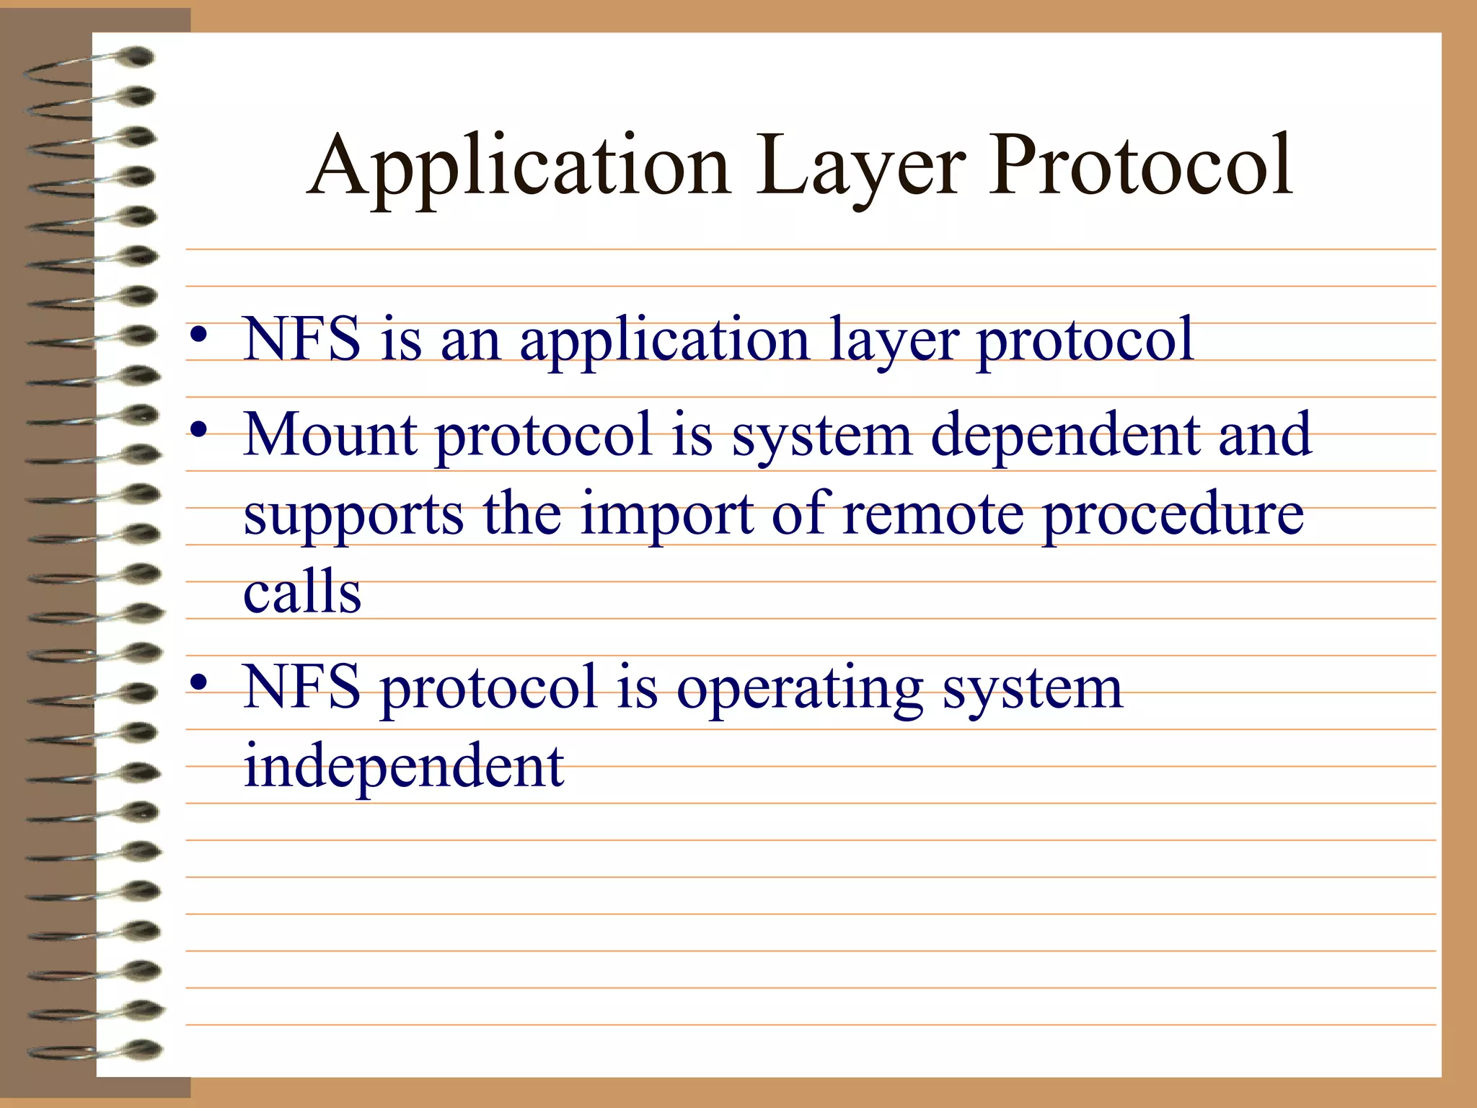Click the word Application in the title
point(519,167)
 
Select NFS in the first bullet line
point(301,339)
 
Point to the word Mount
point(330,434)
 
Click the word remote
point(933,514)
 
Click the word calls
point(301,592)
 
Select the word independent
point(404,766)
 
